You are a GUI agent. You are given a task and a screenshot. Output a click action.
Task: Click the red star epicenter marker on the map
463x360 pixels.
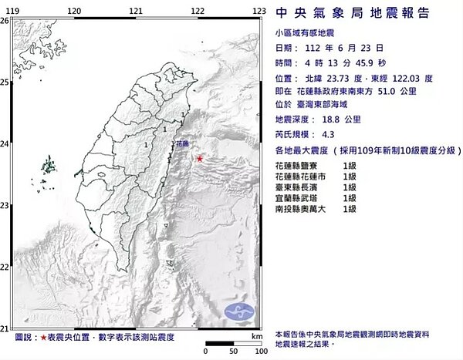coord(201,159)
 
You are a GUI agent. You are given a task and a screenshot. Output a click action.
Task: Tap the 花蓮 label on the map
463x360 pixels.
coord(183,144)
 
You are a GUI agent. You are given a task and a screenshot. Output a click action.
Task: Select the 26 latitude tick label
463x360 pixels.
coord(5,21)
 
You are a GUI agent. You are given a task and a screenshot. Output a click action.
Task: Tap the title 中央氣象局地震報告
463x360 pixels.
coord(363,13)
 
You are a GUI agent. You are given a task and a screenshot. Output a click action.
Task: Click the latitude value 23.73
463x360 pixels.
coord(343,77)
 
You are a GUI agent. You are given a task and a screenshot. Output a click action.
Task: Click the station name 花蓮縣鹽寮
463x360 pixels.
coord(296,166)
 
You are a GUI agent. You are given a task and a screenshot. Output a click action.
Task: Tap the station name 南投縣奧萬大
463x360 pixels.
coord(300,209)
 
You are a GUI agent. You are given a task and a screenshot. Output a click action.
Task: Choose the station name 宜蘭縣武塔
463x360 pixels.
coord(296,198)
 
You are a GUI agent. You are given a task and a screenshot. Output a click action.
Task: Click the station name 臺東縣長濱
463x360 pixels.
coord(296,187)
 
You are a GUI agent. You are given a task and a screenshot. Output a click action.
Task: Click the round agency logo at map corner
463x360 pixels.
coord(238,311)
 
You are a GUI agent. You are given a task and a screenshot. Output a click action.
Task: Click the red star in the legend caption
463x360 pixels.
coord(42,338)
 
